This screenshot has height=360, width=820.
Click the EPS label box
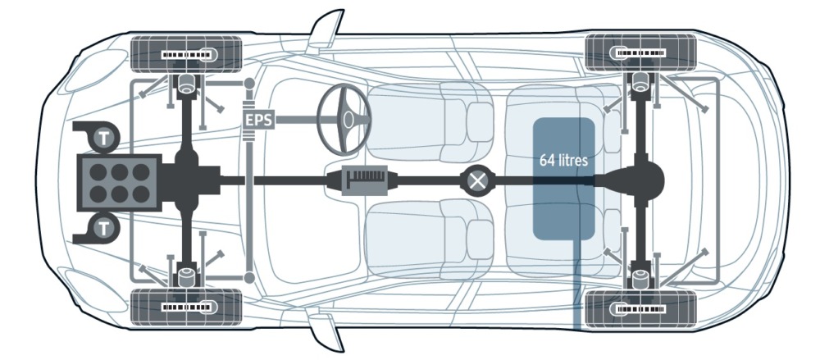coord(259,121)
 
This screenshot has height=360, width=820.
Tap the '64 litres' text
coord(563,160)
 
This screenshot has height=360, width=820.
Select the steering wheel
coord(344,119)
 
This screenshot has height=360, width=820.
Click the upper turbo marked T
coord(105,139)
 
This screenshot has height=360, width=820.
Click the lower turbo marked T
coord(105,228)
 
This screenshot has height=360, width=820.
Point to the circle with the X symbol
coord(476,181)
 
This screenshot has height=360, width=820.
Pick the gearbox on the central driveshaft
coord(365,181)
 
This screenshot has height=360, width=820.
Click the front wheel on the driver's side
coord(186,54)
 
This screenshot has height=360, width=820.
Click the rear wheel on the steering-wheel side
coord(640,52)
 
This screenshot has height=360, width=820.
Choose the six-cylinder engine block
coord(119,183)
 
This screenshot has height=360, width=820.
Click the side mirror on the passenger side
coord(326,330)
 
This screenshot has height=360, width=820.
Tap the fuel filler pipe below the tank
coord(578,285)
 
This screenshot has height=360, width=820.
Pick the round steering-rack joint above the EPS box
coord(249,83)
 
